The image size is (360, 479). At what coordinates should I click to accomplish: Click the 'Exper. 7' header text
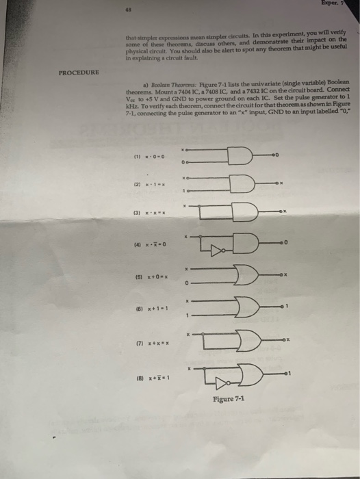[342, 5]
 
